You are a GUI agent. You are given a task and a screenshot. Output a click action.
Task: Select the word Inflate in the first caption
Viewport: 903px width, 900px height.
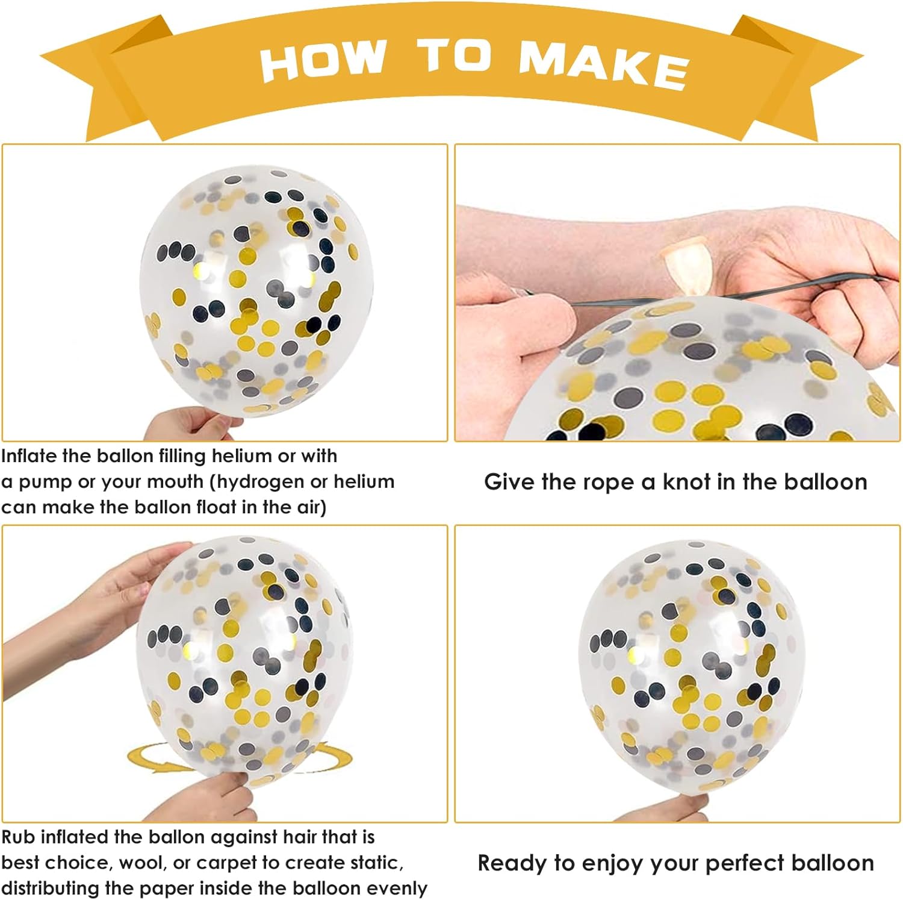[29, 456]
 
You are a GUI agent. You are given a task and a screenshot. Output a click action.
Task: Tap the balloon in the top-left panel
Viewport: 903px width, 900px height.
[256, 290]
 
